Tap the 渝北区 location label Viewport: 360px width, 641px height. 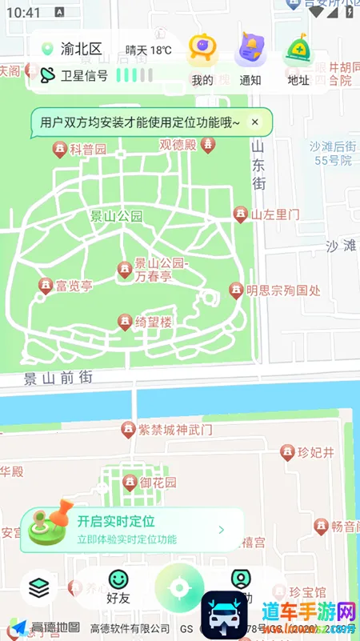[x=82, y=50]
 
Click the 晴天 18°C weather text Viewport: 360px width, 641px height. [x=149, y=50]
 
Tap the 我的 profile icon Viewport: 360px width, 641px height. [x=202, y=49]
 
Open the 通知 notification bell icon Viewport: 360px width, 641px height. [x=250, y=49]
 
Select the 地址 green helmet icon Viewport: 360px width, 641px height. [x=298, y=49]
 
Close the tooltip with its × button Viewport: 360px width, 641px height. [x=255, y=122]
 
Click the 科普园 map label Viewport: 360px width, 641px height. [x=88, y=150]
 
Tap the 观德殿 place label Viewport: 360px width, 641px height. [x=178, y=145]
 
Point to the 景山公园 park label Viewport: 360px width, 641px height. [x=116, y=216]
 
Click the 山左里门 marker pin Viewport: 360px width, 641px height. [x=240, y=214]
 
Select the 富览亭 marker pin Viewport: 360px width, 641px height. [x=46, y=285]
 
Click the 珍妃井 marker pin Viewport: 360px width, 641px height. [x=287, y=453]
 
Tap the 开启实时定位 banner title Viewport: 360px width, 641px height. [x=116, y=522]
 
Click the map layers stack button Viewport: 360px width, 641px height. [x=38, y=588]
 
